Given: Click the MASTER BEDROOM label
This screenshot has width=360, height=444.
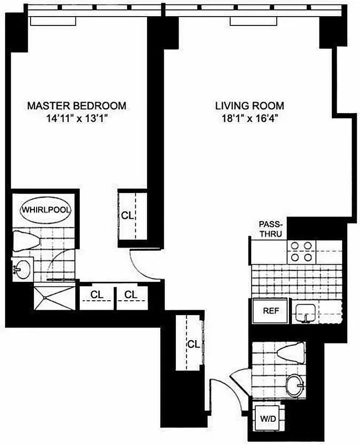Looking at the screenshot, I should (77, 105).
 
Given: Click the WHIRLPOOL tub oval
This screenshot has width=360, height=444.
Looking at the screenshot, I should (42, 210).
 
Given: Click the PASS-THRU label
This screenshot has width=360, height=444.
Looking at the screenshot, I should (271, 229).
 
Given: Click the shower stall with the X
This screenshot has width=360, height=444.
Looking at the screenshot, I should (54, 297).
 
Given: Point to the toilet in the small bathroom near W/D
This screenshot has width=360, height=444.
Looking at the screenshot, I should (290, 353).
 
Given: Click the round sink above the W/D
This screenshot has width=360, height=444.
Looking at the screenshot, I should (294, 384).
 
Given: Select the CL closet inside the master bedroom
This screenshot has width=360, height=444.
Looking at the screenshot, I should (128, 215).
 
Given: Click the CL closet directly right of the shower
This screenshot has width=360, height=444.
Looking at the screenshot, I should (96, 295).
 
